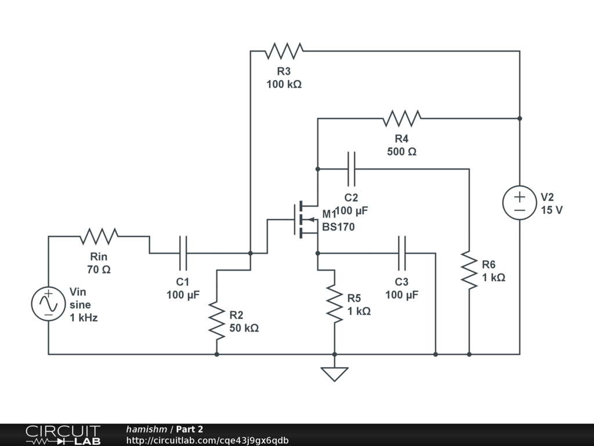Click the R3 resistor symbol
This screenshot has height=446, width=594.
tap(284, 51)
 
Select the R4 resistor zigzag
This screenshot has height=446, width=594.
tap(401, 118)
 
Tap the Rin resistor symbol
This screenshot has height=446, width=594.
tap(99, 236)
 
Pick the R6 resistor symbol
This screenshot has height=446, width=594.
tap(469, 269)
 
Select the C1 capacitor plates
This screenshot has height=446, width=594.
tap(183, 253)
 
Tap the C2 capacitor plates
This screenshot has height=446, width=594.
tap(351, 169)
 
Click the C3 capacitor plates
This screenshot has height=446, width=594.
tap(401, 253)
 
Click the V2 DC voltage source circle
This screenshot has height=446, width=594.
tap(519, 203)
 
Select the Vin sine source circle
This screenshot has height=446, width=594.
tap(49, 304)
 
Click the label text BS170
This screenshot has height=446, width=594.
tap(338, 227)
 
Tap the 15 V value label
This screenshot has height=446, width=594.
tap(551, 210)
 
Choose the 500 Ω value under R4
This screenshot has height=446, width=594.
tap(401, 152)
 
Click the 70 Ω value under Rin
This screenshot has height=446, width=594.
tap(99, 269)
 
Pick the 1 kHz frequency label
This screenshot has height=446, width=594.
tap(84, 318)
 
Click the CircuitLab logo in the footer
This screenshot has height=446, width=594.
tap(63, 435)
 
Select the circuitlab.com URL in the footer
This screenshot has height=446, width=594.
tap(207, 441)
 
